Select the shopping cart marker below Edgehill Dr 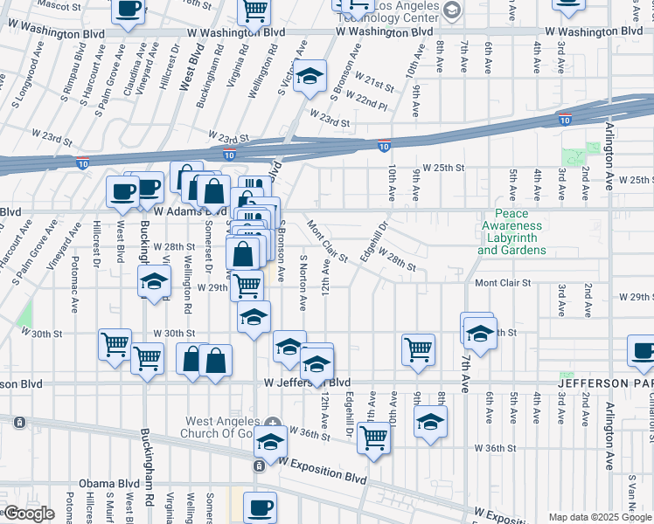click(x=374, y=437)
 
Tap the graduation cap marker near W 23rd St click(x=309, y=77)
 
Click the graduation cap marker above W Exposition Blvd click(x=271, y=444)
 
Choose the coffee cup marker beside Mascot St click(x=129, y=10)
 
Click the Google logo click(x=28, y=513)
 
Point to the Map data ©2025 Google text click(x=600, y=517)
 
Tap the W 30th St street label click(x=173, y=333)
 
